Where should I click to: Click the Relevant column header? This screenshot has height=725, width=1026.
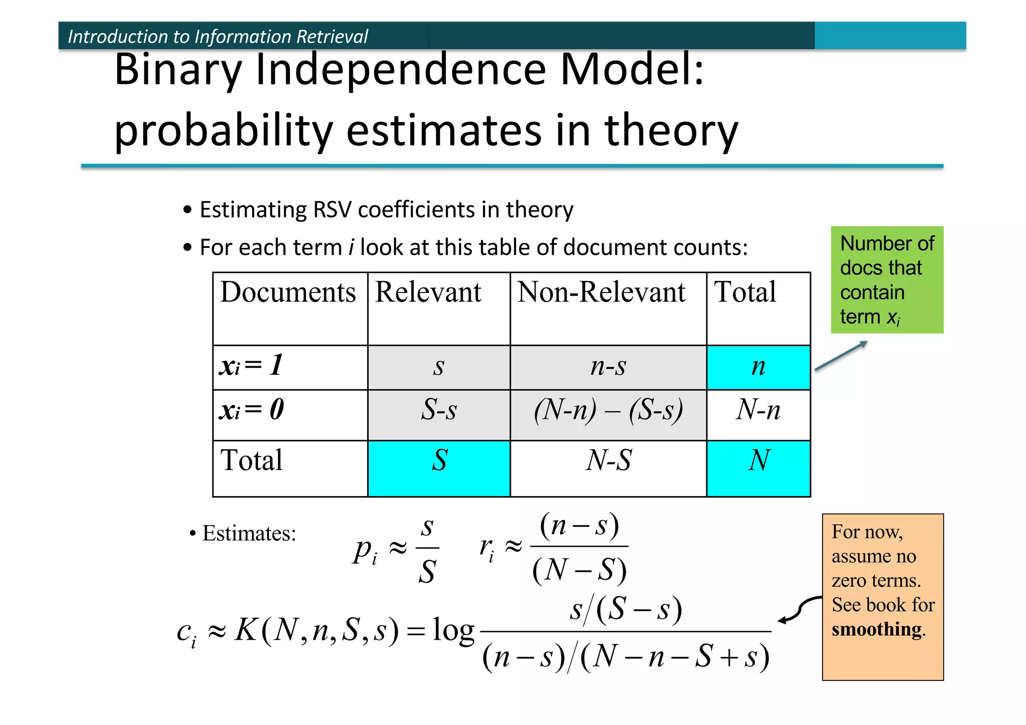point(428,293)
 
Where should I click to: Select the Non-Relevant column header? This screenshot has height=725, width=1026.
point(601,293)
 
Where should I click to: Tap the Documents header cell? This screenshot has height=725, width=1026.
point(288,293)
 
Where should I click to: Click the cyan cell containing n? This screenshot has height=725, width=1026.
point(758,367)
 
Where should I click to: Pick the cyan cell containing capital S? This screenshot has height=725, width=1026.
point(439,468)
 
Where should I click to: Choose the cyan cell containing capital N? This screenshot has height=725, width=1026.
point(758,468)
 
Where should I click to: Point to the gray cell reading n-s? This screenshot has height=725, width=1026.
point(608,367)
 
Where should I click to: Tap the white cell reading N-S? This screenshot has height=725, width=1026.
point(608,468)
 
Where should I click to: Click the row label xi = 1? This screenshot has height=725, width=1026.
point(252,366)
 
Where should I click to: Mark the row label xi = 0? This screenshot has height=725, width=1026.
point(252,410)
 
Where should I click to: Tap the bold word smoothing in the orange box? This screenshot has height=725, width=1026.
point(877,629)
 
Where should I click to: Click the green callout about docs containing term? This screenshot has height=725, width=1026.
point(887,280)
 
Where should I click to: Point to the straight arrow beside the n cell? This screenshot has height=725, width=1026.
point(841,356)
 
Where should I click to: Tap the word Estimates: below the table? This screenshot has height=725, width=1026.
point(249,534)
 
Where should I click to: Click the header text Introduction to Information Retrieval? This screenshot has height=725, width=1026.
point(218,37)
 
